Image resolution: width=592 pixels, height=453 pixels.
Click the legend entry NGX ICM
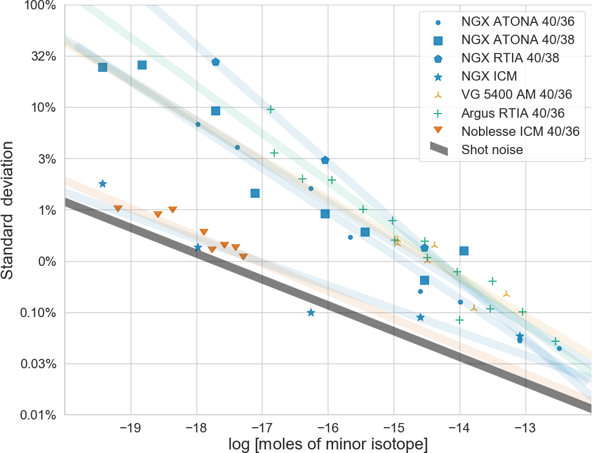tap(488, 75)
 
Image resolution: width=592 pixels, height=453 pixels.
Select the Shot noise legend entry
tap(493, 149)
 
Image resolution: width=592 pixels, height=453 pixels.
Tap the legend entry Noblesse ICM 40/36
tap(521, 131)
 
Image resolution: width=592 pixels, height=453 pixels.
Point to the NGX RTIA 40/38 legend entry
tap(510, 58)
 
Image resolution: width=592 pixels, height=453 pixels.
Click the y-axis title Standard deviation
tap(9, 210)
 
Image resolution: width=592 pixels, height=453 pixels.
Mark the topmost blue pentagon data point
tap(215, 62)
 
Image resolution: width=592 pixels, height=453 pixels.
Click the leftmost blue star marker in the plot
tap(102, 184)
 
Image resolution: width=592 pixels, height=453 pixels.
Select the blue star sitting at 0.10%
tap(311, 312)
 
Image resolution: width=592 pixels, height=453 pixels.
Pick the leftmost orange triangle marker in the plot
tap(118, 208)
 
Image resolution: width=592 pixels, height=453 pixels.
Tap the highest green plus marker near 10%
tap(271, 109)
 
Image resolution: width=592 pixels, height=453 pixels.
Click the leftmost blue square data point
tap(102, 67)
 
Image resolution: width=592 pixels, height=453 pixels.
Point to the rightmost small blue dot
tap(559, 348)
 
